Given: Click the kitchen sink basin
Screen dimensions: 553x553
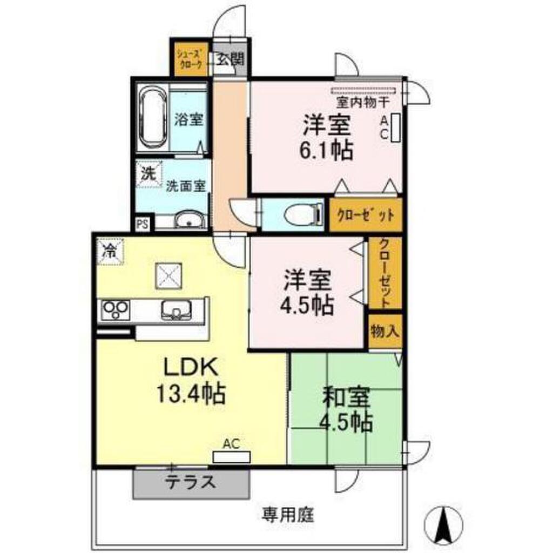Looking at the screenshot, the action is pyautogui.click(x=176, y=310).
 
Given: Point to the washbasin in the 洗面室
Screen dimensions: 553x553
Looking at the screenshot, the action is pyautogui.click(x=190, y=220).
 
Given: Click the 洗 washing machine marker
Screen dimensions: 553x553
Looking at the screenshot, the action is pyautogui.click(x=149, y=174).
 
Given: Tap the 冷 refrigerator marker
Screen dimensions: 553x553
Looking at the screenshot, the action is pyautogui.click(x=110, y=251).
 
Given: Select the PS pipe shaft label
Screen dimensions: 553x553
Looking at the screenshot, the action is pyautogui.click(x=142, y=224).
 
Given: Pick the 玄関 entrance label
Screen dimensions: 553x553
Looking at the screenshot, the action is pyautogui.click(x=230, y=58).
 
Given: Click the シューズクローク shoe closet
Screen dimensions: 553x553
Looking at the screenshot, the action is pyautogui.click(x=191, y=59).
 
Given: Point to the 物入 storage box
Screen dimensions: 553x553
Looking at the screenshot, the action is pyautogui.click(x=385, y=332).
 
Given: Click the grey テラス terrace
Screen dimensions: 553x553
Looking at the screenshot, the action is pyautogui.click(x=191, y=483).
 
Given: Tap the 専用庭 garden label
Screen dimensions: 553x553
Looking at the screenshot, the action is pyautogui.click(x=287, y=516).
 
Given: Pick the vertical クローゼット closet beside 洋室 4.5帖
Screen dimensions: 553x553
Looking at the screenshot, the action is pyautogui.click(x=385, y=273).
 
